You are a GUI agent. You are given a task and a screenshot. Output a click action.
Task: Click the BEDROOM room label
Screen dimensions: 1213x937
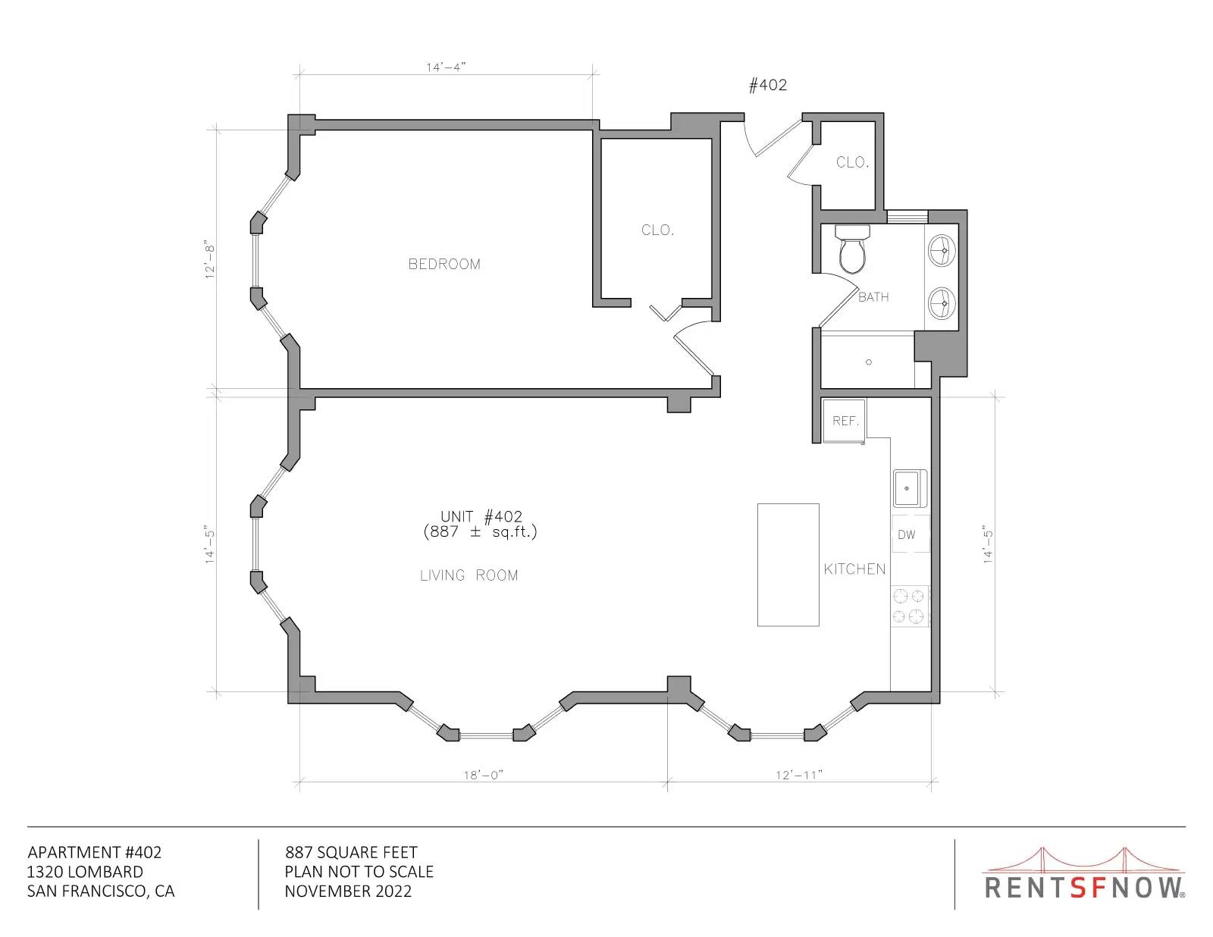(x=444, y=264)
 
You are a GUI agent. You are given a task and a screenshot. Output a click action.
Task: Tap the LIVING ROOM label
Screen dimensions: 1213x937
(x=469, y=575)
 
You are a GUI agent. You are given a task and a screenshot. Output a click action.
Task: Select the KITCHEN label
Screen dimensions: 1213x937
(x=854, y=569)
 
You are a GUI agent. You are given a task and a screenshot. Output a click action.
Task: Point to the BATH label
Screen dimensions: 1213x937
(x=873, y=297)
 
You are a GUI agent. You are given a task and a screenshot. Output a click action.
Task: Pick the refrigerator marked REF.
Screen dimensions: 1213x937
(x=845, y=421)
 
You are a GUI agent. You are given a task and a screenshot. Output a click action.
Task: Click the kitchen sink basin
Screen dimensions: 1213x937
(x=910, y=488)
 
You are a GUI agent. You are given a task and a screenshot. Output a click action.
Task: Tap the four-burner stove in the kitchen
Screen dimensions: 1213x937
(x=909, y=606)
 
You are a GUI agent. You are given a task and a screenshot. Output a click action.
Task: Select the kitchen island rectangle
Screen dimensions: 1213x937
(x=788, y=565)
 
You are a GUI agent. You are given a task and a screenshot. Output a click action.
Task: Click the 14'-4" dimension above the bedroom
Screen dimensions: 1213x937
(x=446, y=67)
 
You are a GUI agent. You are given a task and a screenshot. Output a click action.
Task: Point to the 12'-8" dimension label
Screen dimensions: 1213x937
(x=210, y=262)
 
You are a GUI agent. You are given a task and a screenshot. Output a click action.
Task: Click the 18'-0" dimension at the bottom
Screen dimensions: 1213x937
(x=484, y=776)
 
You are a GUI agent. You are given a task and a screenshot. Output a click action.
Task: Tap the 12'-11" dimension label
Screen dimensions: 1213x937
(x=799, y=776)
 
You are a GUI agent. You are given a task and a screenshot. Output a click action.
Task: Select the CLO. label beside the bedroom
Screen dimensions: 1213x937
(x=657, y=230)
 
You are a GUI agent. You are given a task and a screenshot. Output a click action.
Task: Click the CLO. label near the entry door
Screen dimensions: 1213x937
(x=852, y=162)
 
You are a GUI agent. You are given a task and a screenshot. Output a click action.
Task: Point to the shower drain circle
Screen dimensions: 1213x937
(x=869, y=362)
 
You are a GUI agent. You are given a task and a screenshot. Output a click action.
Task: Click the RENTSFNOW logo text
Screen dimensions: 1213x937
(x=1084, y=887)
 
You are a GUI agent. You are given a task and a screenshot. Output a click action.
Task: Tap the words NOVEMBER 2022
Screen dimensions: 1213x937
(x=348, y=892)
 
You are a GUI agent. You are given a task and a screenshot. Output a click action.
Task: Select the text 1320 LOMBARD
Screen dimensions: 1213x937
(x=85, y=872)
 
